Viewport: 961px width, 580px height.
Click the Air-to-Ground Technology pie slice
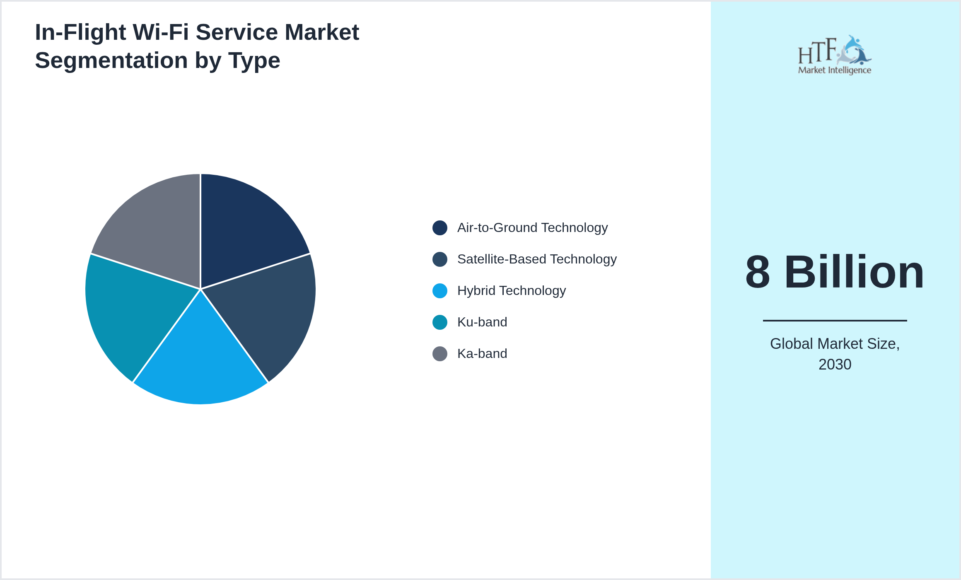(244, 232)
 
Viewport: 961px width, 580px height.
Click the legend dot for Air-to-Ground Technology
(440, 228)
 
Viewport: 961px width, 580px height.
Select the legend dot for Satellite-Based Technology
(440, 259)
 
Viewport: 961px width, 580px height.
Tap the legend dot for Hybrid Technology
(440, 291)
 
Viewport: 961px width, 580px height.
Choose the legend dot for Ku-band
(440, 322)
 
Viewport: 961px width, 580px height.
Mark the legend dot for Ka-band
(440, 354)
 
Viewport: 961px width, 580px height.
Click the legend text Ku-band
(482, 322)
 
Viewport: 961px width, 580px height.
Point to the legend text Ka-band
(482, 354)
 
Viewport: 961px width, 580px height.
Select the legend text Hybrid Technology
(512, 291)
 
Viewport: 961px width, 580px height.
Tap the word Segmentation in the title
(111, 60)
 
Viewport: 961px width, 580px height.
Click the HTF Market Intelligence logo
(835, 55)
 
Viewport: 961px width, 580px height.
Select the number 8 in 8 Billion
(758, 272)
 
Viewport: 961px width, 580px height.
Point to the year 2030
(835, 365)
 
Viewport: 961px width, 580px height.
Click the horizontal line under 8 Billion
(835, 320)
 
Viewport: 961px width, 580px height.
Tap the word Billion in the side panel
(854, 272)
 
